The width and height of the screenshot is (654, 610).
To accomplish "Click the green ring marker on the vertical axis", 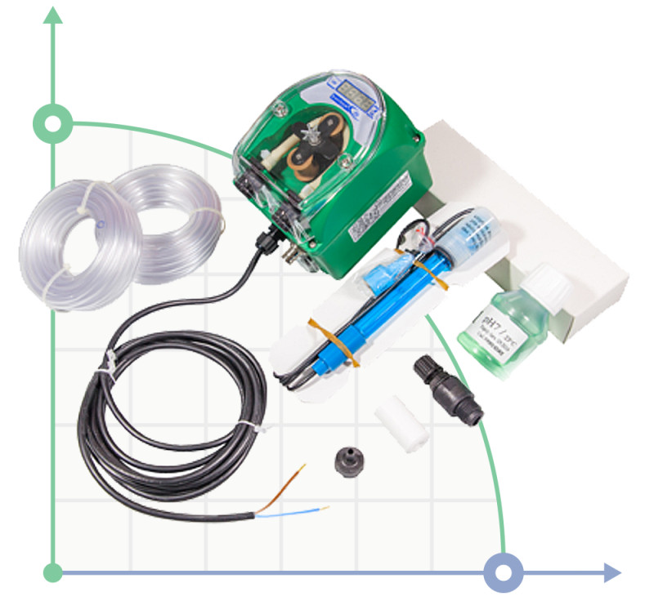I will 53,125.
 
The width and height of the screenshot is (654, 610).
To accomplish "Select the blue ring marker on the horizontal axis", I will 503,572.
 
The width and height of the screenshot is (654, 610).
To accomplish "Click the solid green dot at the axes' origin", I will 53,572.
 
